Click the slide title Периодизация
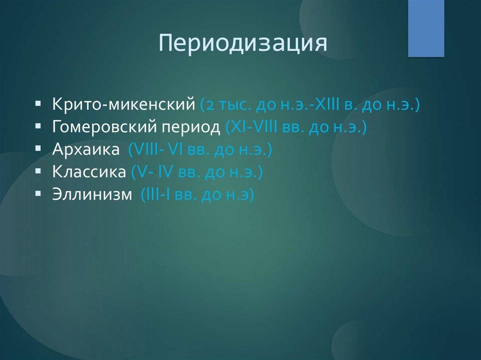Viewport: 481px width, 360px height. pos(243,44)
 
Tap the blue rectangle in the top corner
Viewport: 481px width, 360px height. pos(426,29)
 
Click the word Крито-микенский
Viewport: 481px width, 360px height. pos(124,104)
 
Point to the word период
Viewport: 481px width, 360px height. pos(191,127)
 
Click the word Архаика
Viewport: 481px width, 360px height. pos(86,149)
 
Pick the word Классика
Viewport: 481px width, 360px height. pos(89,172)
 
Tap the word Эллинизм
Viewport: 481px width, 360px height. pos(92,194)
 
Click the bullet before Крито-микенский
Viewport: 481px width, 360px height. pos(38,103)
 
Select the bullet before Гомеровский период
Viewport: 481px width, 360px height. pos(38,126)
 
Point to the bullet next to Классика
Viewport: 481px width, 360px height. pos(38,171)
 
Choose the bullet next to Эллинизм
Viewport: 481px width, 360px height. pos(38,193)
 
